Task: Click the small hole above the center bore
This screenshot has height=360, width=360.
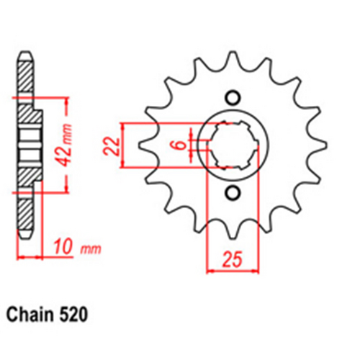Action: pyautogui.click(x=233, y=98)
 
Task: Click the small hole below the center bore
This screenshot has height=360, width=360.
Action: pyautogui.click(x=233, y=192)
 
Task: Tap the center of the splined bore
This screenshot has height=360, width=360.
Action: pyautogui.click(x=233, y=145)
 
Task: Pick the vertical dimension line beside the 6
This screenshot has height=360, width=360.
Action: pyautogui.click(x=191, y=145)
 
